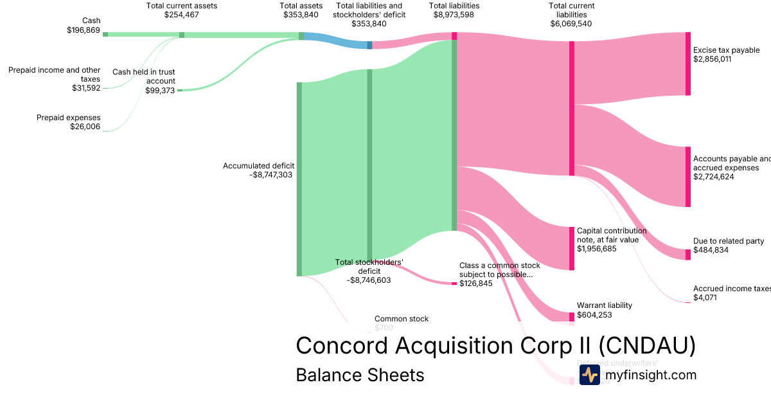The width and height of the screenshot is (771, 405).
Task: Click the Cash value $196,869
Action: pyautogui.click(x=84, y=30)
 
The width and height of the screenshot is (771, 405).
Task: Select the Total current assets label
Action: pyautogui.click(x=182, y=6)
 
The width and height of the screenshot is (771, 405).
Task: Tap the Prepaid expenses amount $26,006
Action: pyautogui.click(x=85, y=127)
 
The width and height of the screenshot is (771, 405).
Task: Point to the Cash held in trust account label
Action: pyautogui.click(x=144, y=76)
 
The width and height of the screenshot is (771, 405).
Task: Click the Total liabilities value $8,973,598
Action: pyautogui.click(x=454, y=15)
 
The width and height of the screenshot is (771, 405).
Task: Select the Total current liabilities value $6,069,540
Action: pyautogui.click(x=571, y=24)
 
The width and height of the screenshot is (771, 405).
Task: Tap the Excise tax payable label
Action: pyautogui.click(x=726, y=50)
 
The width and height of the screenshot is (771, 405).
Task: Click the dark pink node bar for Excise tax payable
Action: pyautogui.click(x=687, y=64)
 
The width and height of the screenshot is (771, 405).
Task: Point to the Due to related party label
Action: pyautogui.click(x=729, y=241)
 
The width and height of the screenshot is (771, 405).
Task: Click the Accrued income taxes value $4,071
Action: pyautogui.click(x=705, y=298)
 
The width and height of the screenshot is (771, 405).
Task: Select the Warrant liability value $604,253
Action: pyautogui.click(x=595, y=314)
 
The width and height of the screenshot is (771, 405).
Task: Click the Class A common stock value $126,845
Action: pyautogui.click(x=476, y=283)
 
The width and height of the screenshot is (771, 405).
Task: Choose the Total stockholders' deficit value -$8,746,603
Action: pyautogui.click(x=369, y=280)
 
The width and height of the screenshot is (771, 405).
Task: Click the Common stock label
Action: pyautogui.click(x=401, y=319)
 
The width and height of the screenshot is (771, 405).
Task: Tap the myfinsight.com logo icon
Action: pyautogui.click(x=589, y=375)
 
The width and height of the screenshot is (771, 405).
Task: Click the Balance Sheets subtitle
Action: pyautogui.click(x=360, y=375)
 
